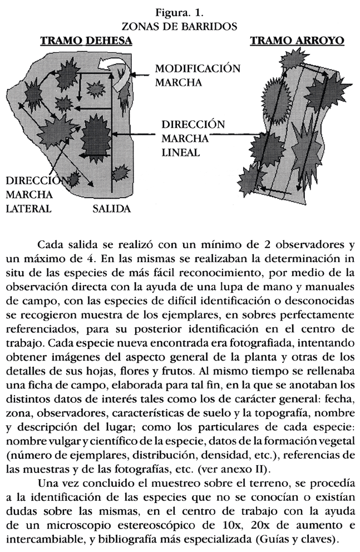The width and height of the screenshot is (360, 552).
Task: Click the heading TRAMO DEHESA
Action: tap(86, 41)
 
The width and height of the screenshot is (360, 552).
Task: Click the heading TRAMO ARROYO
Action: tap(297, 41)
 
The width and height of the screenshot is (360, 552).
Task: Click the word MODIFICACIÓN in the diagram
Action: tap(198, 69)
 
